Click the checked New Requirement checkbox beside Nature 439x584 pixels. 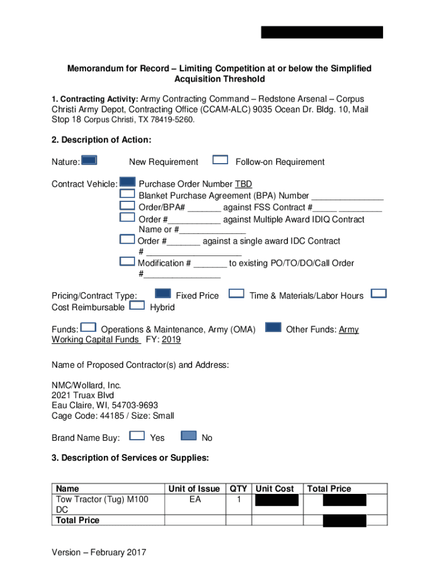[89, 160]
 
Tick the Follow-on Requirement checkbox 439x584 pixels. [220, 160]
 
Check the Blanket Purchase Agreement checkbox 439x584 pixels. [127, 194]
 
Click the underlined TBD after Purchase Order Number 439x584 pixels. [243, 184]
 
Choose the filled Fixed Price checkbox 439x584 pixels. [163, 293]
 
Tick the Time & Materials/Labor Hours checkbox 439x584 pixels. [237, 293]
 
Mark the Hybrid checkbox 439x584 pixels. [137, 305]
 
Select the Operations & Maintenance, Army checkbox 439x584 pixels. [88, 327]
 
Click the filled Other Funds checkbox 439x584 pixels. [274, 327]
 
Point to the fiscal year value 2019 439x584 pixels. [171, 340]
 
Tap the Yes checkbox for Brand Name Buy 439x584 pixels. [137, 436]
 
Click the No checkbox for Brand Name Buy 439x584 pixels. [189, 436]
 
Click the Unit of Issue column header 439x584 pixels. [194, 489]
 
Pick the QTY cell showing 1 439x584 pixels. [238, 500]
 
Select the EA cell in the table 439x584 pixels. [194, 500]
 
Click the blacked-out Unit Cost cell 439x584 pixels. [277, 501]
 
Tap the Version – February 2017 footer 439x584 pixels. [99, 552]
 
